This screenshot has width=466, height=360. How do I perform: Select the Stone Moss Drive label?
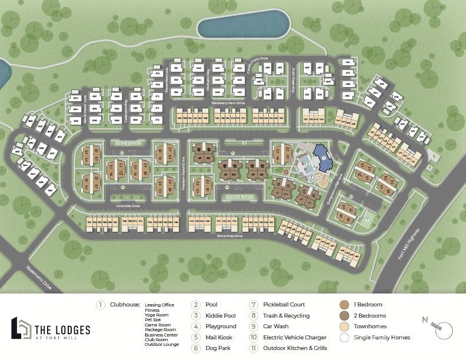tap(230, 236)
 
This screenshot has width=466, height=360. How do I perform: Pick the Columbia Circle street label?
tap(128, 206)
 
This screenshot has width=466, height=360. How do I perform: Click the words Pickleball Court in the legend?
tap(284, 305)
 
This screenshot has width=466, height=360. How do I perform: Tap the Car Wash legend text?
tap(275, 326)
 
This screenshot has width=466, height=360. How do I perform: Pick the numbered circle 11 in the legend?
tap(254, 348)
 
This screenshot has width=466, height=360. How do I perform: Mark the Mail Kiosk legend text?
tap(218, 338)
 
